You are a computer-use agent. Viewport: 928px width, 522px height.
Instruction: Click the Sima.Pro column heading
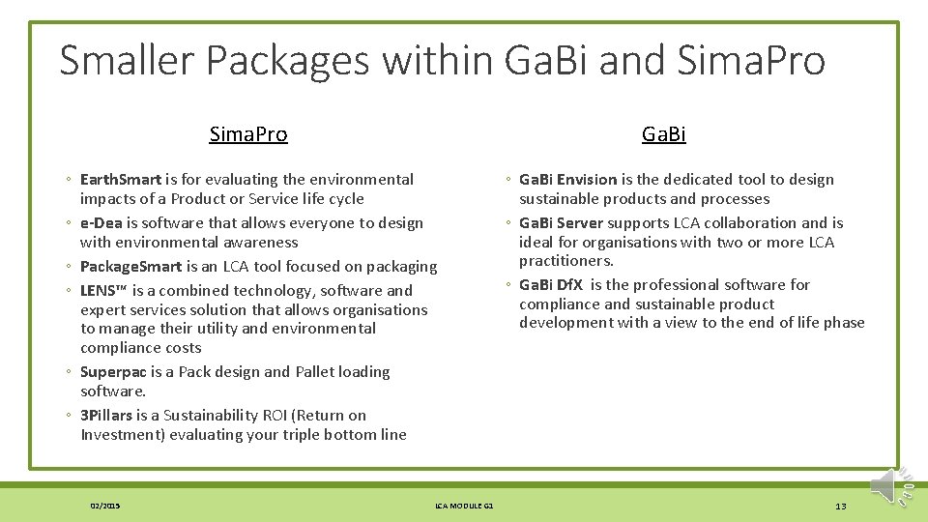248,134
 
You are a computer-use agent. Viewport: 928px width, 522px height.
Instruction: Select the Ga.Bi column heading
664,134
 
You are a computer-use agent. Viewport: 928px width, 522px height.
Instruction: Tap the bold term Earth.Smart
121,179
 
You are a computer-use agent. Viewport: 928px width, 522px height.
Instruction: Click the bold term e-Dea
101,222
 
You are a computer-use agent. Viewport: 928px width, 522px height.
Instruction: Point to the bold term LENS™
103,290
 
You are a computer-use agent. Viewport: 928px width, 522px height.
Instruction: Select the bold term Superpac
113,371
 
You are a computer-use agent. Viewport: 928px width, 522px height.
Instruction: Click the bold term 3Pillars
106,415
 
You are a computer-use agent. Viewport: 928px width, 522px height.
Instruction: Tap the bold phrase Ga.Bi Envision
567,179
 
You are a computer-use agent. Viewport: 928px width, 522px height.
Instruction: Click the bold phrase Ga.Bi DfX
551,284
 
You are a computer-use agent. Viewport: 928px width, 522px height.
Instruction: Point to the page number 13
840,507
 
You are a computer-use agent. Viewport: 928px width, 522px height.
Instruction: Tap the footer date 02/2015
104,506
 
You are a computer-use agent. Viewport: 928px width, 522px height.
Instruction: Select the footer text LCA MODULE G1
464,506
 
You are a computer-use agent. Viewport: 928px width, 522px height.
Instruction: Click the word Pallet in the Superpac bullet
315,371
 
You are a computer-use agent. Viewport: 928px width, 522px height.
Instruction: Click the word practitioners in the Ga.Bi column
565,261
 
